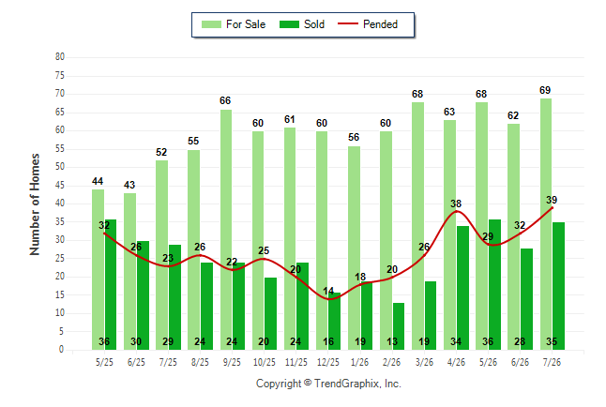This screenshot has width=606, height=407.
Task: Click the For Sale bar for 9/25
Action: [226, 230]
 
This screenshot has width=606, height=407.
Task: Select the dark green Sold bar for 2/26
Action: [399, 326]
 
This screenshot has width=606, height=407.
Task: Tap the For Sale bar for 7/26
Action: [546, 224]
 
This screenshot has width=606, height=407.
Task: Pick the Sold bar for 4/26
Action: [462, 288]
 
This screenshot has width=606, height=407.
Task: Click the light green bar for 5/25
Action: [98, 269]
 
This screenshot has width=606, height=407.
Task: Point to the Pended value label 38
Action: [456, 203]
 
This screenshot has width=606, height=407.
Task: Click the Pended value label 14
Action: [328, 291]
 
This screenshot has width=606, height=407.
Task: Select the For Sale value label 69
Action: [545, 90]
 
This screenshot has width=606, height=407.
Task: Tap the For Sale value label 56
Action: [354, 137]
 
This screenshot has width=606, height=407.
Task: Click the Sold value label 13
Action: [392, 341]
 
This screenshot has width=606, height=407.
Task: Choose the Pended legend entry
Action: [368, 24]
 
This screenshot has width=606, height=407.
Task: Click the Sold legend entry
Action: [302, 24]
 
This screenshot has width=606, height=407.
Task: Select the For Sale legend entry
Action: [234, 24]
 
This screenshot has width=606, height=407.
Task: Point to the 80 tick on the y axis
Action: [60, 57]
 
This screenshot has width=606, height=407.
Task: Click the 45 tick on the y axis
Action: [60, 185]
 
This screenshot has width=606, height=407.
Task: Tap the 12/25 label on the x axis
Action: [328, 362]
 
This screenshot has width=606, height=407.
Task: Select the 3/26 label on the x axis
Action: [424, 362]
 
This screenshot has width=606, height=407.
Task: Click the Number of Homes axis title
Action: [35, 204]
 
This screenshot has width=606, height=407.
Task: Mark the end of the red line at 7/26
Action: [552, 208]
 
